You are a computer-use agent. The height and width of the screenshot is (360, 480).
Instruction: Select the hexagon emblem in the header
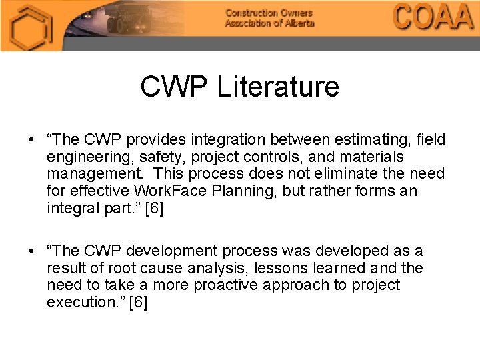29,27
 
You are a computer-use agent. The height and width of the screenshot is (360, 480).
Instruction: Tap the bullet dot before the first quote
31,140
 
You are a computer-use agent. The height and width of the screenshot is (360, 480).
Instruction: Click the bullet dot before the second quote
31,251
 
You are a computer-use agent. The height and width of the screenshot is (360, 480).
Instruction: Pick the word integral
71,208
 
